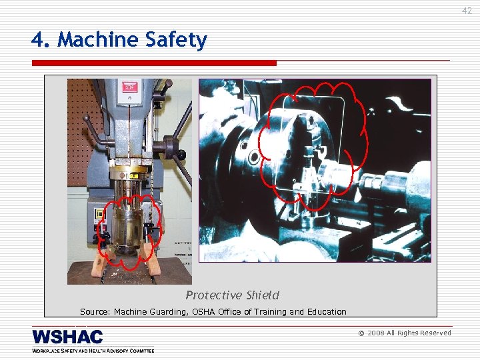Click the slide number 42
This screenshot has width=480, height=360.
[x=467, y=11]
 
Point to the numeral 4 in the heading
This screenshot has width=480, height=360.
[x=37, y=41]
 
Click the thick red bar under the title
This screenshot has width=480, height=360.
[x=154, y=63]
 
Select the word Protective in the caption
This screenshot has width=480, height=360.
[x=214, y=295]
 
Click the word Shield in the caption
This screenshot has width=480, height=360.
[x=262, y=295]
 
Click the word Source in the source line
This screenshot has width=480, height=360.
[x=94, y=311]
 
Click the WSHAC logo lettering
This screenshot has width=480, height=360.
[x=67, y=337]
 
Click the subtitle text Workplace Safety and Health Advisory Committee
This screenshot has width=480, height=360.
[x=93, y=350]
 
